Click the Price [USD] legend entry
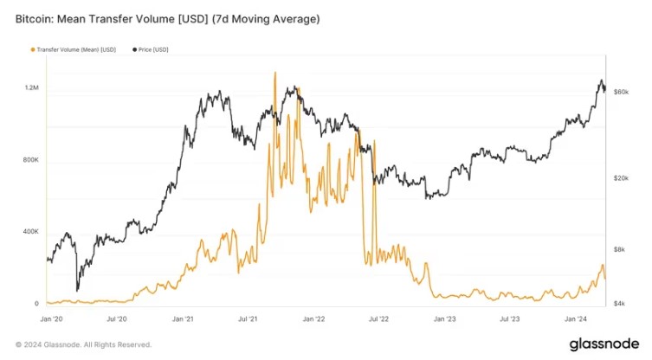tap(153, 49)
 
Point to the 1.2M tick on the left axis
tap(32, 88)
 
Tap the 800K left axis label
tap(30, 160)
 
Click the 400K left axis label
tap(30, 232)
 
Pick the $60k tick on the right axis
tap(620, 91)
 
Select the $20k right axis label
tap(620, 178)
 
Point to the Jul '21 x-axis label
tap(249, 318)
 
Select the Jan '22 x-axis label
tap(314, 318)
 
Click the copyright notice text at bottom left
tap(84, 344)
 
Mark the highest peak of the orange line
tap(274, 73)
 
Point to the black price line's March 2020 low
tap(77, 290)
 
